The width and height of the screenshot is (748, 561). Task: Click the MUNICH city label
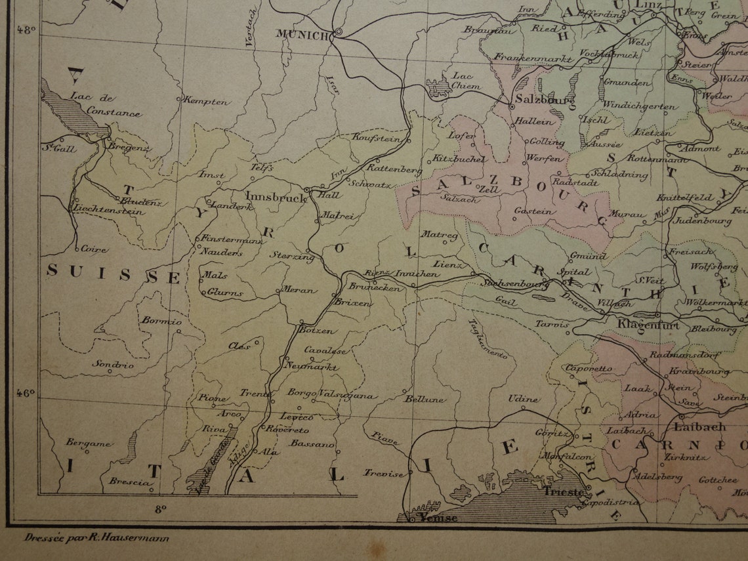(301, 35)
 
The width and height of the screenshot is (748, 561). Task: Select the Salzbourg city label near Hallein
(537, 100)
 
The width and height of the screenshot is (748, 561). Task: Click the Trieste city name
(562, 491)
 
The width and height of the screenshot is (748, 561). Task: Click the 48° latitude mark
(27, 30)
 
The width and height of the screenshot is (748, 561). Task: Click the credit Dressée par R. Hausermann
(96, 538)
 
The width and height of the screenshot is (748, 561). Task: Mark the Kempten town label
(207, 102)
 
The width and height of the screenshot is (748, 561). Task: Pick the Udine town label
(524, 399)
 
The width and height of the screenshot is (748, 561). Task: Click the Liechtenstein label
(110, 211)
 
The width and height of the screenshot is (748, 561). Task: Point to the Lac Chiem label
(466, 81)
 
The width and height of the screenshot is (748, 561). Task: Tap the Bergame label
(88, 443)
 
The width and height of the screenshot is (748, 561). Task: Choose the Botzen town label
(316, 331)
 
